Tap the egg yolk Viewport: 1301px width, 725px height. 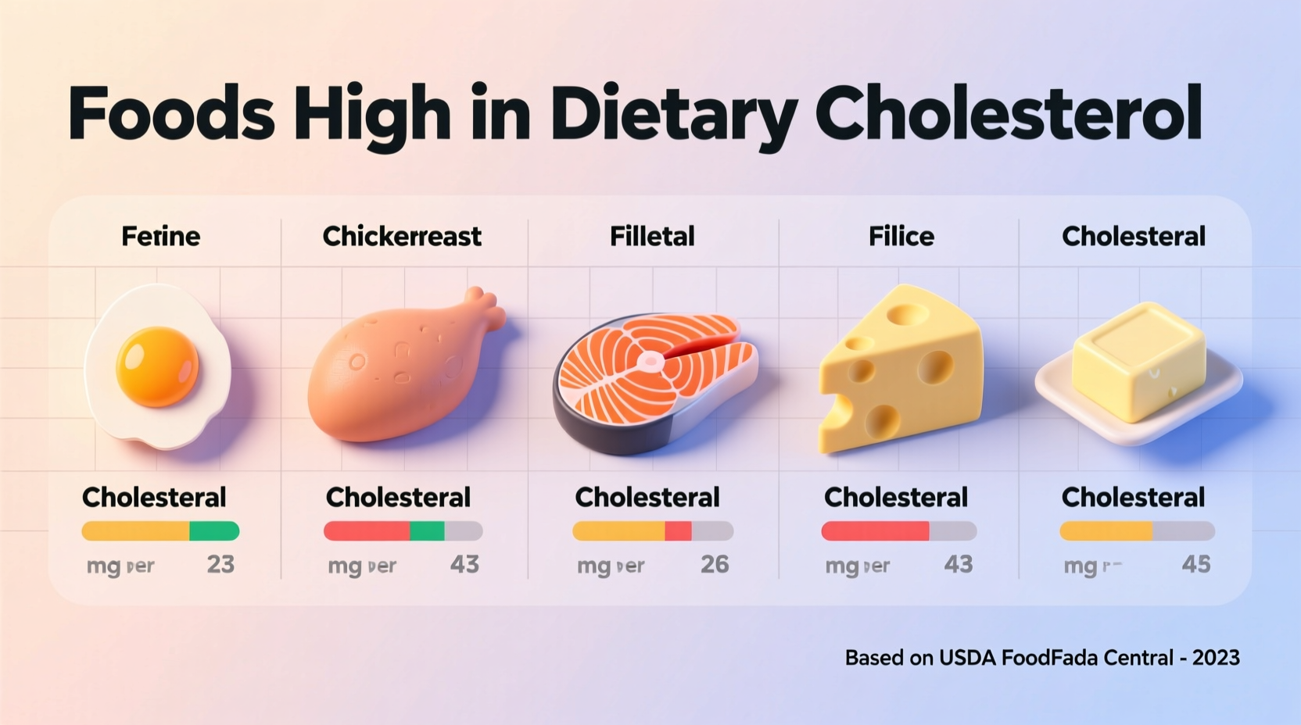[157, 366]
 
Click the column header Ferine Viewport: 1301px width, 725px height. [160, 236]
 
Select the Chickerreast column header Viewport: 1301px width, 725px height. [402, 236]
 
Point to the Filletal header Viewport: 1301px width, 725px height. [652, 236]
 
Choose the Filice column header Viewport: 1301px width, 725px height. [901, 236]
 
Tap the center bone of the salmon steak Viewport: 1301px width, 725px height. [650, 361]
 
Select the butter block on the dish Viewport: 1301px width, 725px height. [1138, 361]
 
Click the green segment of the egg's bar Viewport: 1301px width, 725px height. [213, 531]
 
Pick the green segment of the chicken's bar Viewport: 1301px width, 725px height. [427, 531]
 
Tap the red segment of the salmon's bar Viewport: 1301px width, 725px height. [678, 531]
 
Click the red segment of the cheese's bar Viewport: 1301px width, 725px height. [875, 531]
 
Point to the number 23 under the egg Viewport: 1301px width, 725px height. [220, 564]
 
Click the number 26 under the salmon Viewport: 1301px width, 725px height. [714, 564]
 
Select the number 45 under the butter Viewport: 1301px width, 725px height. [1195, 564]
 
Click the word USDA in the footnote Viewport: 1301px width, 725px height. [966, 658]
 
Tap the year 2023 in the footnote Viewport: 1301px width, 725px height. [1216, 658]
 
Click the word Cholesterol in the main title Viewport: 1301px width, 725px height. [1009, 114]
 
